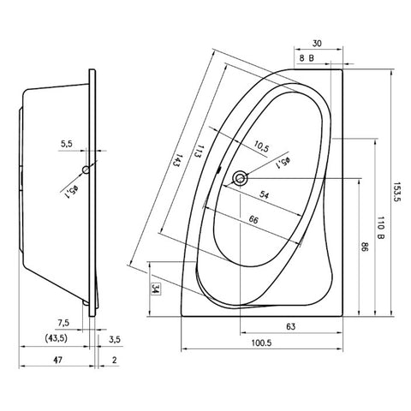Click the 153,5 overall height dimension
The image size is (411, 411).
397,192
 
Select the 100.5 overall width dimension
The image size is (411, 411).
261,342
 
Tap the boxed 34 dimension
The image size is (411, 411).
156,289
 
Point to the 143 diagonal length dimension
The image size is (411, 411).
177,161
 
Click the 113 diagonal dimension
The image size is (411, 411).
199,152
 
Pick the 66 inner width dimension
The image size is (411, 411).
253,220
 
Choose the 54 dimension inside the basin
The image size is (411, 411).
264,195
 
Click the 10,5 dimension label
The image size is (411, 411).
261,147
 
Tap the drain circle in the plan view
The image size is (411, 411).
240,178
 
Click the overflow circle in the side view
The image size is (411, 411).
86,170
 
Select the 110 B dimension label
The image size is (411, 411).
381,228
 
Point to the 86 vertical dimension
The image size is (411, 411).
366,247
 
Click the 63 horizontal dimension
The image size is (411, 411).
290,326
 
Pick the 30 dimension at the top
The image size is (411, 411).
317,44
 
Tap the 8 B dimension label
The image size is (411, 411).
307,58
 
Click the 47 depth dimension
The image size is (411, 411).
57,360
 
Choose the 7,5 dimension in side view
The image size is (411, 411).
63,323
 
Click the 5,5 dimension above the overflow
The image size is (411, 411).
66,144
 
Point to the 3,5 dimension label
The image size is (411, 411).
115,340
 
